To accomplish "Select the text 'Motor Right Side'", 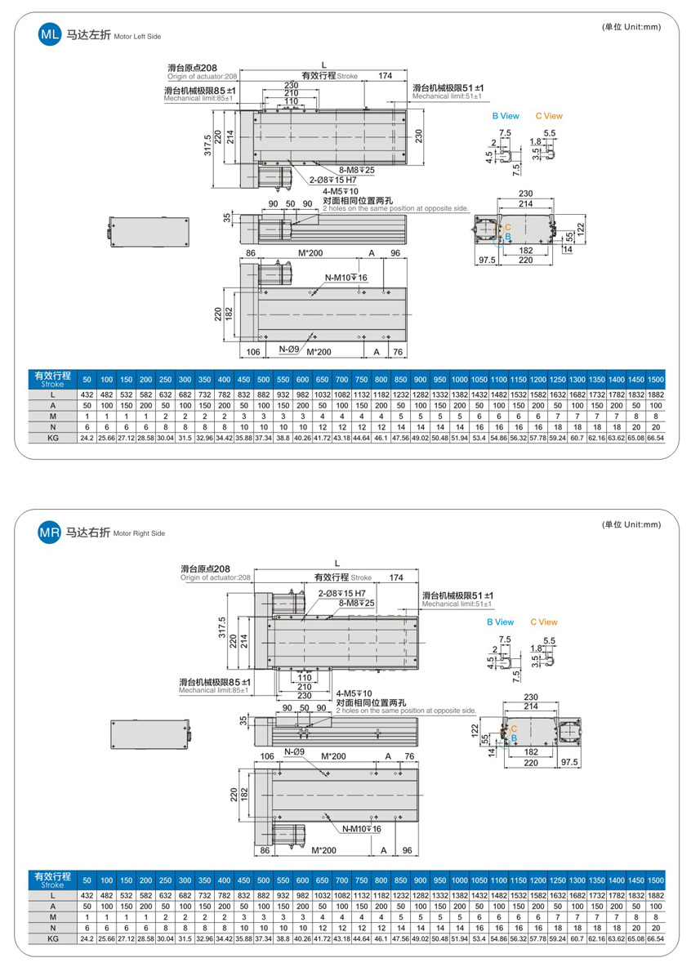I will (139, 533).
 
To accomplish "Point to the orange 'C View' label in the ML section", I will (549, 116).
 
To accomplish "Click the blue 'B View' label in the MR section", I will (500, 622).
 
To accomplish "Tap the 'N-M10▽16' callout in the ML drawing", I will (345, 279).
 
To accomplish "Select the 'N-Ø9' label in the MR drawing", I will (294, 752).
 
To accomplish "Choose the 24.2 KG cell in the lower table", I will (87, 940).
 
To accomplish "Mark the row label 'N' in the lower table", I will (52, 929).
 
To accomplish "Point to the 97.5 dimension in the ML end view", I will (488, 260).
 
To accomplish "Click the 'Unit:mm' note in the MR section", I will (631, 524).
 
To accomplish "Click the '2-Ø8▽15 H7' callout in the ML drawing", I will (335, 180).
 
